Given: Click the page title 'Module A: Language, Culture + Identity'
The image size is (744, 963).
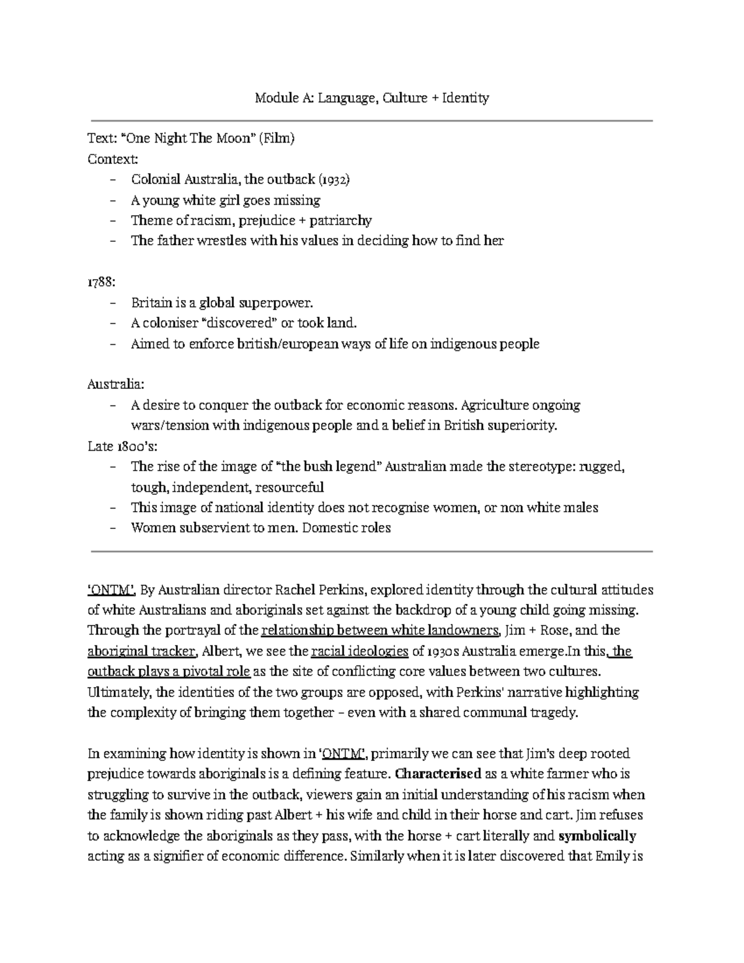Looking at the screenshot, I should point(372,98).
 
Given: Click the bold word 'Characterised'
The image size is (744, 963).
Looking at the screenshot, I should point(438,774).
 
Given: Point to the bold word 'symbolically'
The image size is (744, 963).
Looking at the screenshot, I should point(597,836).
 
